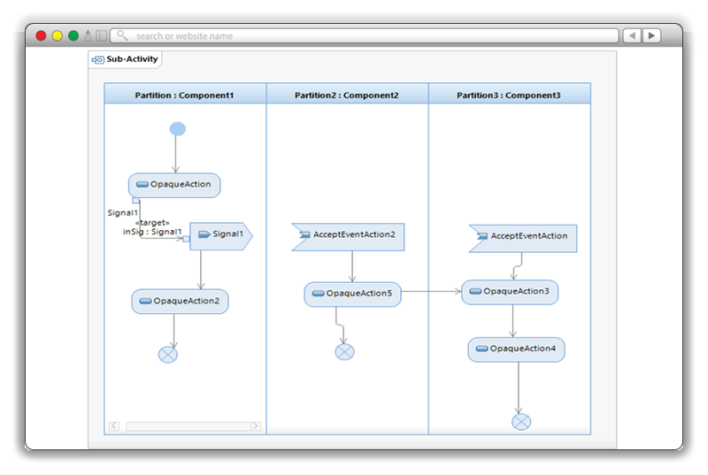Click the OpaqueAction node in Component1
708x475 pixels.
(174, 185)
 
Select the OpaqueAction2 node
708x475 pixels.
(181, 301)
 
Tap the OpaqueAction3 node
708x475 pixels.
(510, 291)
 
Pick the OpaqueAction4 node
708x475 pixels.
(516, 349)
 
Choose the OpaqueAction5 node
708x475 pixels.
(352, 294)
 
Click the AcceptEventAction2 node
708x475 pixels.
(348, 235)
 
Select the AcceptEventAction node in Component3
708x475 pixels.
(523, 237)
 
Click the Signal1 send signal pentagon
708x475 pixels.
(221, 234)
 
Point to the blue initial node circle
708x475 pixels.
(177, 129)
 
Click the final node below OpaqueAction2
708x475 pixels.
(168, 355)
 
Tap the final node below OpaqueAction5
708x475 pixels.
(344, 352)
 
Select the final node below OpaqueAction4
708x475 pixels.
(521, 421)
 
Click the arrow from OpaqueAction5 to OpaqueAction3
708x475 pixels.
(431, 291)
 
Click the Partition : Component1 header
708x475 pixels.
(185, 95)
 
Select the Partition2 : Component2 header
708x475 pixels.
(347, 95)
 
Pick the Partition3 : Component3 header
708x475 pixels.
(509, 95)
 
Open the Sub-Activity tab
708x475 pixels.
(126, 59)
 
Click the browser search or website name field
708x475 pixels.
(363, 36)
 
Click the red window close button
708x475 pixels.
(41, 36)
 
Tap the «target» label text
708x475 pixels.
(151, 222)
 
